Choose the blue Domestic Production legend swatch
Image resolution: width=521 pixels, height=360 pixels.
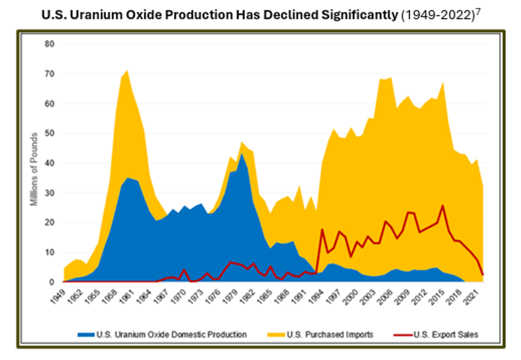(86, 335)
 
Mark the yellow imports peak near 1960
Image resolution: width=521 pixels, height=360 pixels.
(127, 71)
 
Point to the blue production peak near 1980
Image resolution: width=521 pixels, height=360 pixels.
(242, 154)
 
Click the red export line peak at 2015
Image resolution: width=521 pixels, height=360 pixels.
(443, 206)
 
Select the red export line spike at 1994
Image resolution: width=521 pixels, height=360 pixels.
(322, 229)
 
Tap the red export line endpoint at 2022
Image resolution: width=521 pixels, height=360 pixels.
(483, 275)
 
